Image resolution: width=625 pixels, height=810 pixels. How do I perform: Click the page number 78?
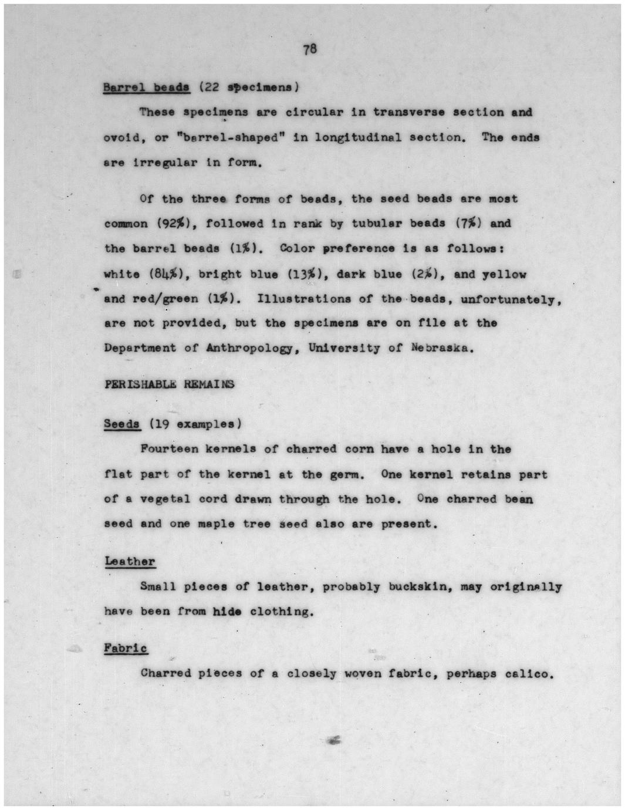point(310,50)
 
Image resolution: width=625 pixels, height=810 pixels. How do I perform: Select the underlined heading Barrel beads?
point(146,87)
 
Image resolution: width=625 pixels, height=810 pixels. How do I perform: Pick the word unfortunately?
point(511,299)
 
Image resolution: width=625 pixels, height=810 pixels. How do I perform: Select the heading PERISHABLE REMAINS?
point(169,384)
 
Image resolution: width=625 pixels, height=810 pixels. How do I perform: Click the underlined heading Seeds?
point(122,424)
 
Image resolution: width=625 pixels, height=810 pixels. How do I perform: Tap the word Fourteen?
point(168,449)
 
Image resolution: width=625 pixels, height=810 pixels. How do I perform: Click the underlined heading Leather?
point(130,561)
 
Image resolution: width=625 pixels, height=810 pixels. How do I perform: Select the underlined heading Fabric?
point(126,648)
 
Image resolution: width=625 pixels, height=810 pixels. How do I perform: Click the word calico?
point(529,673)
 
